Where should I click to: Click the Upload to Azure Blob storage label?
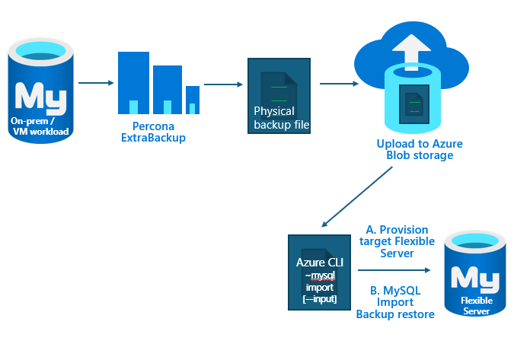coord(420,149)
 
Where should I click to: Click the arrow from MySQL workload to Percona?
coord(94,82)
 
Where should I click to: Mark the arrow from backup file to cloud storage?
coord(338,83)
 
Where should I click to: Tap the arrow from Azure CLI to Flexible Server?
coord(393,269)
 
